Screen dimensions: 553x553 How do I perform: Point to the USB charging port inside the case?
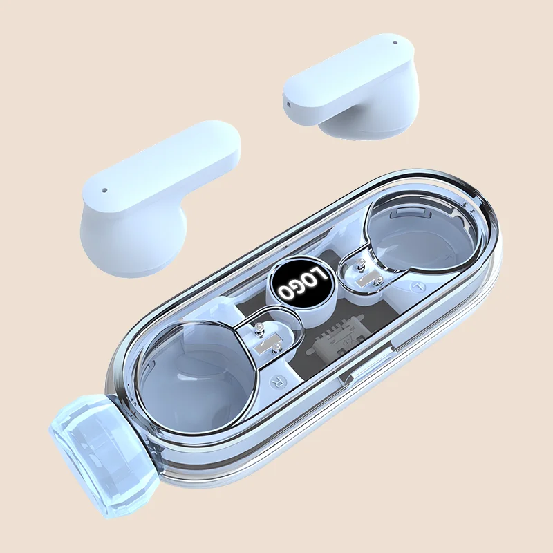point(337,350)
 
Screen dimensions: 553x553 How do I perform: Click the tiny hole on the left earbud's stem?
point(104,190)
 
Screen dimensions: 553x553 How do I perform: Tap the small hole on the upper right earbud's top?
point(395,43)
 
